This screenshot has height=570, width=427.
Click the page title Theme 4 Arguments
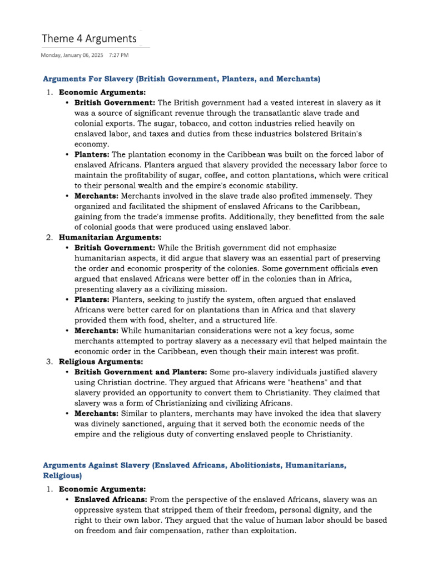[90, 38]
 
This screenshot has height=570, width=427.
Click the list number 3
[49, 362]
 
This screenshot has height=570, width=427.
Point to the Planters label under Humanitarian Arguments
[92, 299]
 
